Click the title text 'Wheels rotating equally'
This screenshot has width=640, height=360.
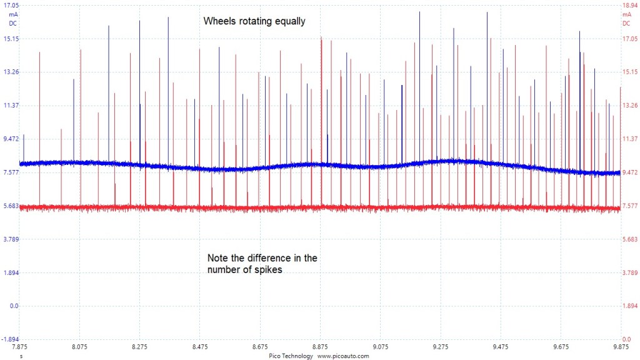254,21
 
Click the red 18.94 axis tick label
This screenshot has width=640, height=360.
627,5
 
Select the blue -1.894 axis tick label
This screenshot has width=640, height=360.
11,339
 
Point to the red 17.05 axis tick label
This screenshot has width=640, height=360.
627,39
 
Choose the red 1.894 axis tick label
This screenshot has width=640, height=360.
627,306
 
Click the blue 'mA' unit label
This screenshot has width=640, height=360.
12,14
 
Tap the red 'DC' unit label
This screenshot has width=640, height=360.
626,24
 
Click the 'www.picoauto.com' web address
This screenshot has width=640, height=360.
343,356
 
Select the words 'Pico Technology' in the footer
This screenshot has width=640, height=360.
291,356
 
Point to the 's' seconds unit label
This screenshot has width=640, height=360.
21,356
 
